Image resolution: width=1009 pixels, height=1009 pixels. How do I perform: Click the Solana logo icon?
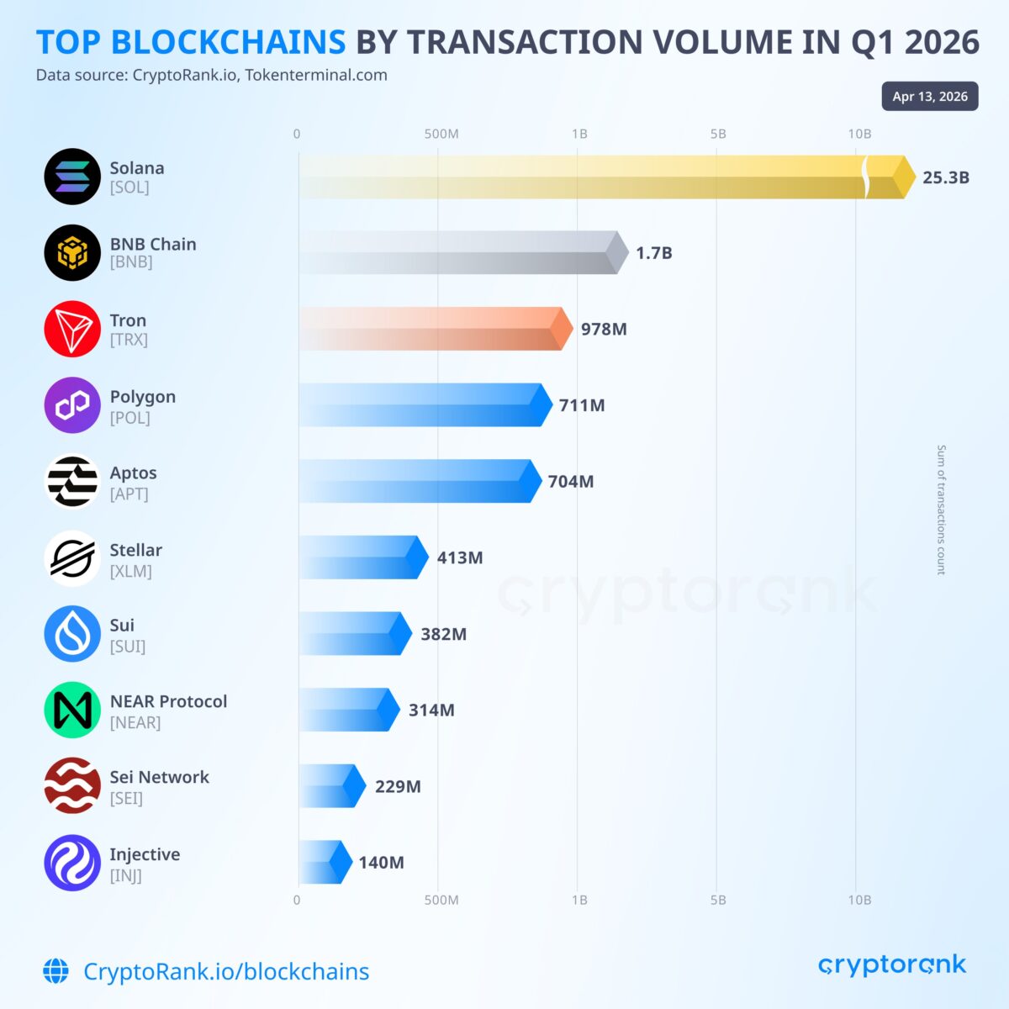[x=72, y=177]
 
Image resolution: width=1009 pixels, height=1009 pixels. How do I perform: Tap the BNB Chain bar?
[x=458, y=252]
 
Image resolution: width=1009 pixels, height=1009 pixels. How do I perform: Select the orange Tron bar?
[x=433, y=329]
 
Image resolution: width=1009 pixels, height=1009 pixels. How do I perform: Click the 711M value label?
[x=582, y=405]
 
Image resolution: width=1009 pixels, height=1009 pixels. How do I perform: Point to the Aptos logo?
[x=72, y=482]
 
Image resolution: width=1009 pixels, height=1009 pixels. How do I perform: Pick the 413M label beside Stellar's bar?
[x=460, y=557]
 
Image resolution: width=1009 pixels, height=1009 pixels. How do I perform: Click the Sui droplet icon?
[x=72, y=634]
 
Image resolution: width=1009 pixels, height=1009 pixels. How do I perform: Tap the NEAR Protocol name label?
[x=168, y=701]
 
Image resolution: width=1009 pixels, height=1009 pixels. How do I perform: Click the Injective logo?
[x=72, y=863]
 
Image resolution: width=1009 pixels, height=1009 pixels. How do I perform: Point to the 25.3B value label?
[x=946, y=177]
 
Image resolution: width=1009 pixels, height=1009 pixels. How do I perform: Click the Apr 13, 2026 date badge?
[x=930, y=97]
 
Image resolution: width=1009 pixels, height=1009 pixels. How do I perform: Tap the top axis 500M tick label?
[x=441, y=134]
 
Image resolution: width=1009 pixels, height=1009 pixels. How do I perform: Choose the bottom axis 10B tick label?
[x=859, y=900]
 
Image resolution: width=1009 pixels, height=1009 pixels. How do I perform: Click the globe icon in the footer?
[x=56, y=971]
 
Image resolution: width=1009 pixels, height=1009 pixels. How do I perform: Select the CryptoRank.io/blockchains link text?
[x=226, y=971]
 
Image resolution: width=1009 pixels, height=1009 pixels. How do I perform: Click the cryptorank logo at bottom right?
[x=892, y=964]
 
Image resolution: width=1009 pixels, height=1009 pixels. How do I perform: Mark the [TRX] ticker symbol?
[x=129, y=340]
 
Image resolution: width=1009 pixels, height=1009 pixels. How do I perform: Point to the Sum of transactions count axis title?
[x=941, y=510]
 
